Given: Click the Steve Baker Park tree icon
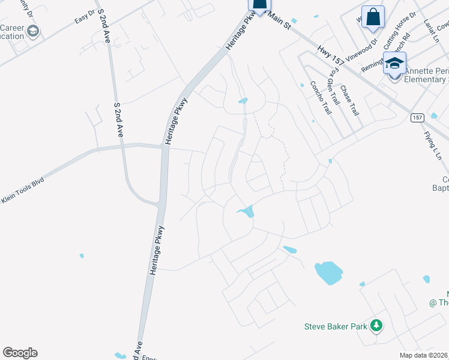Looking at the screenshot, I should [x=376, y=326].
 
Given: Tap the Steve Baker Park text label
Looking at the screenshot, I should [x=336, y=326].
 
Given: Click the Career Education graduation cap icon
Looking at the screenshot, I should [x=33, y=31].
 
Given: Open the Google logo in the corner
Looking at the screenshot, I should [x=20, y=353].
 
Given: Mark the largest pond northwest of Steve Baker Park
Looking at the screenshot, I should [x=328, y=272].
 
